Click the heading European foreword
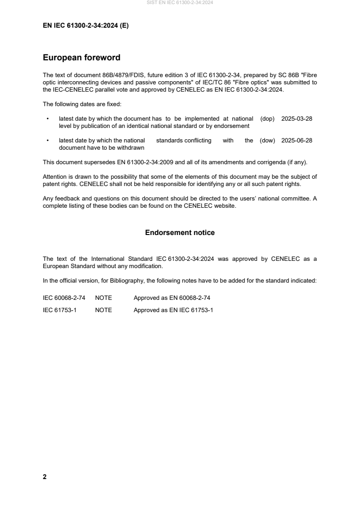pos(81,58)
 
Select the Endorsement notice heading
pos(180,233)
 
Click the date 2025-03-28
pos(297,119)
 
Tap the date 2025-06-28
pos(297,141)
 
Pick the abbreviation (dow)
pos(267,141)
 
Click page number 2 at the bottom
pos(44,477)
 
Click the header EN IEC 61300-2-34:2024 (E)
pos(85,26)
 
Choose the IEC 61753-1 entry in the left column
pos(59,310)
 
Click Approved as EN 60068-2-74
pos(172,298)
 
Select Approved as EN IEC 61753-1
pos(173,310)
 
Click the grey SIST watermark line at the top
pos(180,3)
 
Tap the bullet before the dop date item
pos(48,119)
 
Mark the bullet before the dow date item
pos(48,141)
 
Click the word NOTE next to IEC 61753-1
pos(104,310)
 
